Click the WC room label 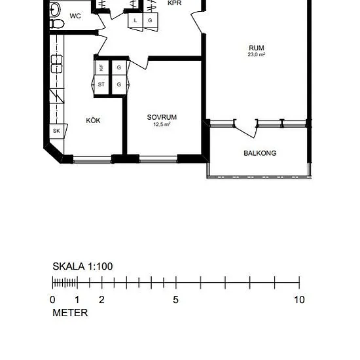75,16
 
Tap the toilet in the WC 57,24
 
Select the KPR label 175,3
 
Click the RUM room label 257,48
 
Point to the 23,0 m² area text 257,54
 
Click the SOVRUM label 162,117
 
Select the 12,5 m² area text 162,124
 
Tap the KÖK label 93,120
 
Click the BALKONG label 260,153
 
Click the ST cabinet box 101,84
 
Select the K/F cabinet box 101,67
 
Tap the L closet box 135,20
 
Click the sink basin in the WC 54,9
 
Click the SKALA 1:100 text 82,266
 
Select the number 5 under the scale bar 175,300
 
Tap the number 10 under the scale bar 299,300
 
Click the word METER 70,313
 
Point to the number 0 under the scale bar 52,300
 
